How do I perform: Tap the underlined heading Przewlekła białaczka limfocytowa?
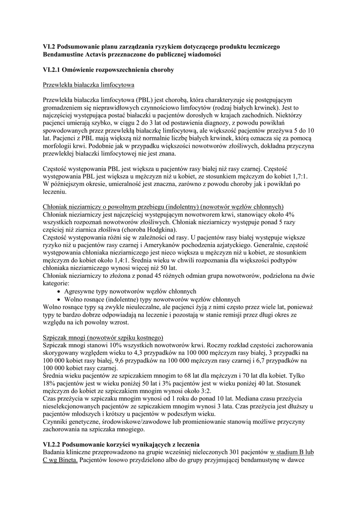[89, 85]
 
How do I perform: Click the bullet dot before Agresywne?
[60, 291]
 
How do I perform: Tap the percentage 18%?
[51, 384]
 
